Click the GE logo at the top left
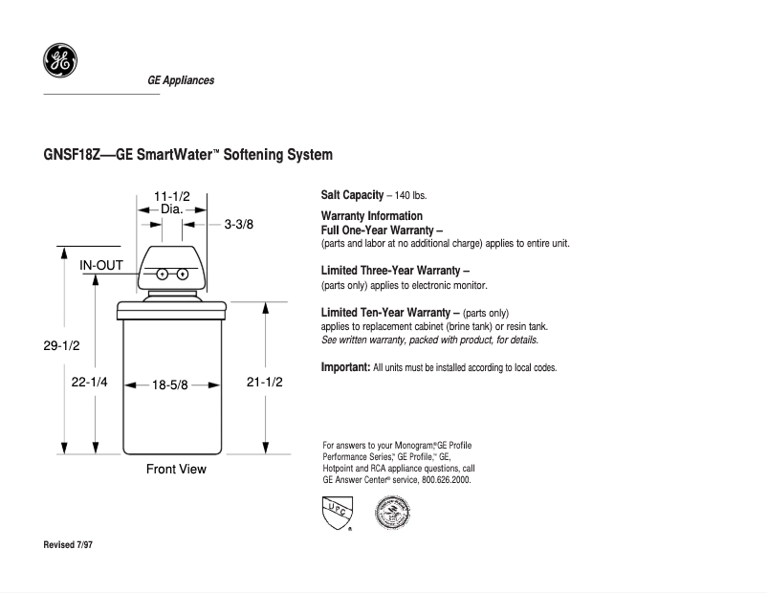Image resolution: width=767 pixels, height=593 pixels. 60,61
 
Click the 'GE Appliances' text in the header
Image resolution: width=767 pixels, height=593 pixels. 181,80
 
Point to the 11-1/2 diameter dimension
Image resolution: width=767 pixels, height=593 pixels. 172,196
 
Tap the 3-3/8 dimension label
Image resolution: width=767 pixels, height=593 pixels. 239,225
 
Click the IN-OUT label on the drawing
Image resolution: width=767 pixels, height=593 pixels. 99,265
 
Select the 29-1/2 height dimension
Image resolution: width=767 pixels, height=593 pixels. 61,347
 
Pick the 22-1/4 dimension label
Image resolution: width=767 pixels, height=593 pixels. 90,381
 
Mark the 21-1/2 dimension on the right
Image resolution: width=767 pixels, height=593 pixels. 265,381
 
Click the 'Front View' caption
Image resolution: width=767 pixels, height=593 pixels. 176,469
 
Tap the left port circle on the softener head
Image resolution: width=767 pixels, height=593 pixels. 162,275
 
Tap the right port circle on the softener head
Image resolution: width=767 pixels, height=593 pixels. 182,275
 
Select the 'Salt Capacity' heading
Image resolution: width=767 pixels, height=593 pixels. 352,195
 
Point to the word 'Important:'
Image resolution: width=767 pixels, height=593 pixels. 345,366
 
